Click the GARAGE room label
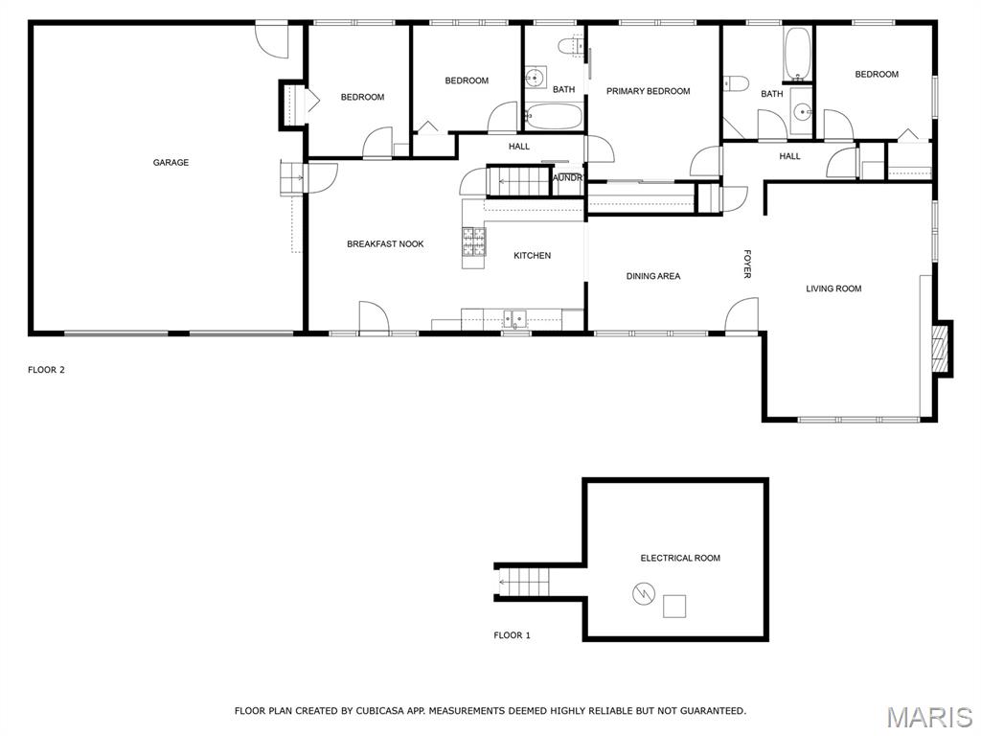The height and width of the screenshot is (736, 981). tap(171, 163)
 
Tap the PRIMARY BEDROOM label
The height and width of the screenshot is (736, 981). tap(649, 91)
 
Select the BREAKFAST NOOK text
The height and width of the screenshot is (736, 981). tap(385, 244)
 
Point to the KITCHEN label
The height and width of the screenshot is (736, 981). tap(533, 255)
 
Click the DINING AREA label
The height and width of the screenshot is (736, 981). tap(653, 276)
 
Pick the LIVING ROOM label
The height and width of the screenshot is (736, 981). tap(833, 288)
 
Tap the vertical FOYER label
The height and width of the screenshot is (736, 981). tap(747, 264)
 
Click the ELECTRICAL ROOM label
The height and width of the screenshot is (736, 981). tap(680, 558)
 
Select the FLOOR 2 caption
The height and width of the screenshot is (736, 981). tap(46, 370)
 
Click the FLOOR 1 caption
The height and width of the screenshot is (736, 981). tap(512, 635)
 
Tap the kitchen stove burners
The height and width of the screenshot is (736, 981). tap(473, 242)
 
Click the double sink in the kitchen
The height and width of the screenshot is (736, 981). tap(515, 318)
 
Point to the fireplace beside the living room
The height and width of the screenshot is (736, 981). tap(941, 349)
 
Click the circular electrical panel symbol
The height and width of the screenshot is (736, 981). tap(643, 593)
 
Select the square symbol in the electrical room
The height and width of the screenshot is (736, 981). tap(674, 607)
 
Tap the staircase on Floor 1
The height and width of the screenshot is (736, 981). tap(524, 583)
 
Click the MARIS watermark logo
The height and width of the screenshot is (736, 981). tap(929, 717)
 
